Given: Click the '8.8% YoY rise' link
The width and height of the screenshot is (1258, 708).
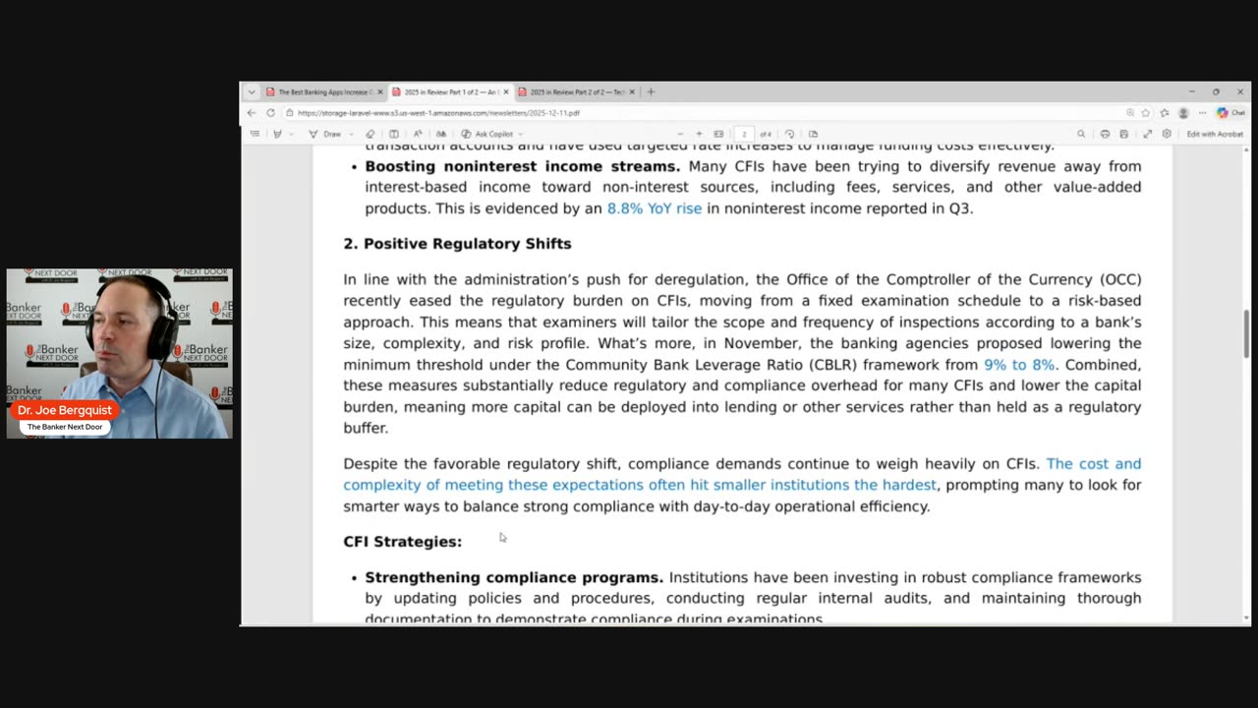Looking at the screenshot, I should coord(654,208).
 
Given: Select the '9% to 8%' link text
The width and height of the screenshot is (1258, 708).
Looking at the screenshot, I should coord(1018,365).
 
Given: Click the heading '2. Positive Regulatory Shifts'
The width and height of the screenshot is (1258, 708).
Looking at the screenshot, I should coord(457,244).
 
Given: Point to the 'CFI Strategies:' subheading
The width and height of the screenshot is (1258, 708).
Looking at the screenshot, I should coord(402,542).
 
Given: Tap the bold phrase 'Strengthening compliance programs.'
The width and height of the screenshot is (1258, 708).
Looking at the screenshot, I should coord(514,577).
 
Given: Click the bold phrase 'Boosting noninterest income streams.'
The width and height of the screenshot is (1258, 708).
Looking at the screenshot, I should coord(522,166).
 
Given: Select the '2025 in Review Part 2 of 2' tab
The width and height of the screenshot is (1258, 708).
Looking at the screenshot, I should coord(577,92).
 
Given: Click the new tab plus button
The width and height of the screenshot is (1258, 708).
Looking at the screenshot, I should coord(651,92).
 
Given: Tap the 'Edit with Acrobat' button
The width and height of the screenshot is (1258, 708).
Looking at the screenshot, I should coord(1215,134).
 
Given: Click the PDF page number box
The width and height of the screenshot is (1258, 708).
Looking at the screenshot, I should coord(744,134).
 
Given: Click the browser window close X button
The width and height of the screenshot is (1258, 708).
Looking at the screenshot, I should coord(1240,92).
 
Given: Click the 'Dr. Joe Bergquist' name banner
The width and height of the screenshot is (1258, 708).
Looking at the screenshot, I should coord(65,410).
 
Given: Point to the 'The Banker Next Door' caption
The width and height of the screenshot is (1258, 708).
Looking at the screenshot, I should coord(65,427).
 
